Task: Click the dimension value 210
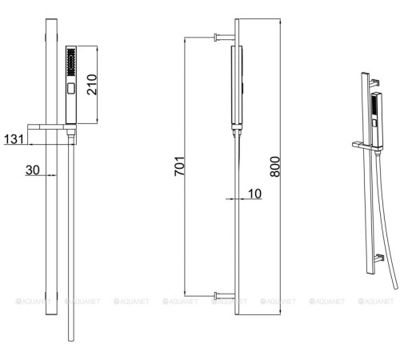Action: (92, 85)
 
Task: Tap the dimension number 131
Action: (14, 139)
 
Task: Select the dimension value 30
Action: (33, 170)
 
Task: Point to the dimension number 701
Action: (179, 166)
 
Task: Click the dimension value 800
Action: (275, 166)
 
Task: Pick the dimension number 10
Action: (254, 194)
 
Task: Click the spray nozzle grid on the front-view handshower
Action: (71, 62)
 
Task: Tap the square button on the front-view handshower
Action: (71, 88)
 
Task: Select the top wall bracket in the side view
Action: (224, 38)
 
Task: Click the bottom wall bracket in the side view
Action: (224, 296)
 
